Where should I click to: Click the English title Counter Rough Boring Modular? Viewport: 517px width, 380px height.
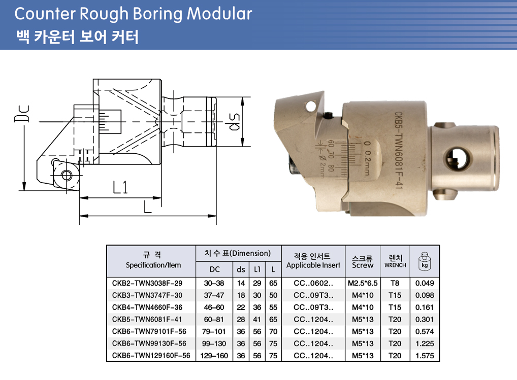click(133, 14)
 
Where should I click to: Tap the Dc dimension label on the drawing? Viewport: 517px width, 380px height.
click(22, 114)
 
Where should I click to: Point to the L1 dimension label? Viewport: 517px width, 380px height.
click(120, 188)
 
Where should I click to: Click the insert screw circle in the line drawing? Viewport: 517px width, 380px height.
click(67, 175)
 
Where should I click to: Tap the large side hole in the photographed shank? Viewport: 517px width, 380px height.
click(457, 159)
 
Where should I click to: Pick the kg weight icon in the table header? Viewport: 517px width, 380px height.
click(425, 261)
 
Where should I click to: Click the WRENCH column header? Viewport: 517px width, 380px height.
click(395, 265)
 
